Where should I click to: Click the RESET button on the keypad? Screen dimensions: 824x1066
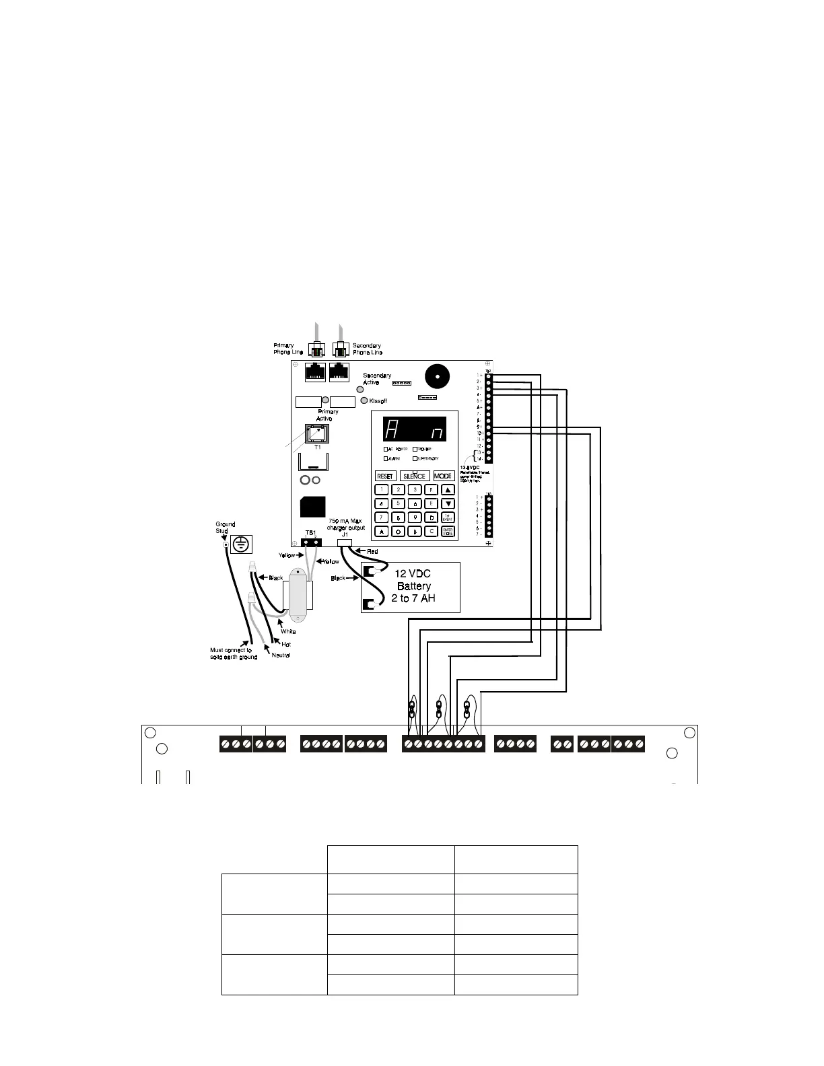click(x=384, y=476)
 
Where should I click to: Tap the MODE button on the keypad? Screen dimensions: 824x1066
click(x=443, y=476)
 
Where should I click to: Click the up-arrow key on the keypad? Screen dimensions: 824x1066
click(x=448, y=490)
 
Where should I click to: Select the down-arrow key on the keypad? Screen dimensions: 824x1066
click(x=448, y=503)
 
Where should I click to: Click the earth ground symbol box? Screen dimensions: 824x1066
click(x=241, y=544)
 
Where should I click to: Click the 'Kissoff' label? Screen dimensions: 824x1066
click(x=378, y=401)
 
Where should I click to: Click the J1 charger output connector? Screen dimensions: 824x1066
click(x=344, y=541)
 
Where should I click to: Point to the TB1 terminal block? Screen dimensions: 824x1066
click(x=310, y=542)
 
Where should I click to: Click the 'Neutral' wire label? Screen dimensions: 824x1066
click(x=281, y=655)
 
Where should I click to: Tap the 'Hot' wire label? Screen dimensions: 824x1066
click(x=286, y=645)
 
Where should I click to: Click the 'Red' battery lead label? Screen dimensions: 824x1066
click(x=372, y=552)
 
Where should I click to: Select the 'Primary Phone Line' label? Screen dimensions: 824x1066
click(x=288, y=349)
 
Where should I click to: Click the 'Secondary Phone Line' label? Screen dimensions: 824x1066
click(x=368, y=349)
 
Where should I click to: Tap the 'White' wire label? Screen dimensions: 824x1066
click(x=288, y=631)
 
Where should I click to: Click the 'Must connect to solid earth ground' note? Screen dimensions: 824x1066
click(x=234, y=653)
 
